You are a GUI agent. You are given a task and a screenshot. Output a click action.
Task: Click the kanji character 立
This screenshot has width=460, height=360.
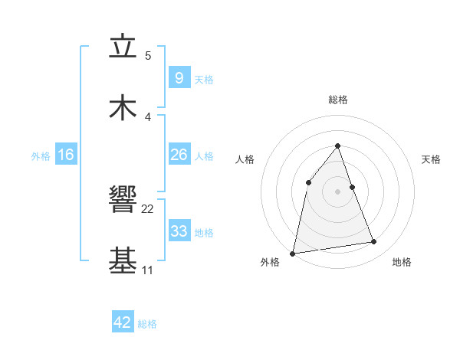click(x=123, y=46)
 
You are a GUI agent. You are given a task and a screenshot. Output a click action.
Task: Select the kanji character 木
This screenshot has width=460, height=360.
click(x=123, y=107)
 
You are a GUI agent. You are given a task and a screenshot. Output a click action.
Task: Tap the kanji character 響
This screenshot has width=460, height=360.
click(x=123, y=200)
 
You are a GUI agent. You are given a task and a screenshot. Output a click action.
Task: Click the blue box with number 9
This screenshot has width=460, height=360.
click(x=179, y=77)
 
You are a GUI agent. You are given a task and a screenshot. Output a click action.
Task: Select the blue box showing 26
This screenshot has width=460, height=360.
click(x=179, y=155)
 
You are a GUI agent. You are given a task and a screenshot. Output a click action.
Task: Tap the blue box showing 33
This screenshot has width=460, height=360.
click(x=179, y=231)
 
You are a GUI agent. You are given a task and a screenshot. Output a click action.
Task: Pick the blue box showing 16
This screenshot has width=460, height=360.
click(x=66, y=155)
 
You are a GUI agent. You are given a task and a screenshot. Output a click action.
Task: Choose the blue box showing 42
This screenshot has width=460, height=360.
click(x=123, y=322)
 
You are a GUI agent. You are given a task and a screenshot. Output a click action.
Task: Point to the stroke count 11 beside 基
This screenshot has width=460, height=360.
click(x=147, y=270)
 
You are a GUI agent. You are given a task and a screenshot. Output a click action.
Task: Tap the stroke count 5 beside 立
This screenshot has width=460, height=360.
click(x=148, y=55)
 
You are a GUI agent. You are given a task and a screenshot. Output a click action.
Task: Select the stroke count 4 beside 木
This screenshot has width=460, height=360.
click(x=148, y=116)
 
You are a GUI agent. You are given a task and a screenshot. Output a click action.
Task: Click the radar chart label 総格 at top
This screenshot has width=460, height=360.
click(x=338, y=100)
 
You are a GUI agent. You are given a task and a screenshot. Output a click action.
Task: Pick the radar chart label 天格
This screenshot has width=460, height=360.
click(x=432, y=159)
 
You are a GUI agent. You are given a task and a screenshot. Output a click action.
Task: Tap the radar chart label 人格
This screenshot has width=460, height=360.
click(x=245, y=159)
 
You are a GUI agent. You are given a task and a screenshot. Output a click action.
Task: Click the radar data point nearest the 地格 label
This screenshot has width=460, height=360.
click(x=374, y=242)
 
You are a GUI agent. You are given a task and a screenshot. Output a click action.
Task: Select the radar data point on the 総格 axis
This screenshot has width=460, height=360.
click(x=338, y=146)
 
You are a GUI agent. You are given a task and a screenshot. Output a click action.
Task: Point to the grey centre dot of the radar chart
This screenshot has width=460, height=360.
click(x=338, y=191)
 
